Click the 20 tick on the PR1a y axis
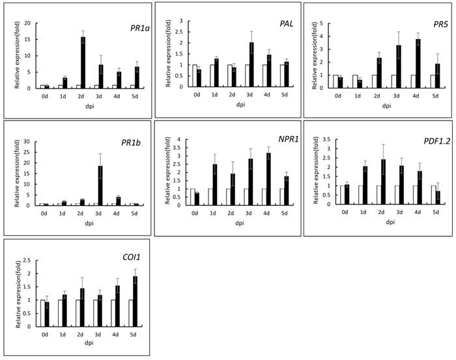[x=28, y=23]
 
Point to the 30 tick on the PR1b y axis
[x=28, y=141]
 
